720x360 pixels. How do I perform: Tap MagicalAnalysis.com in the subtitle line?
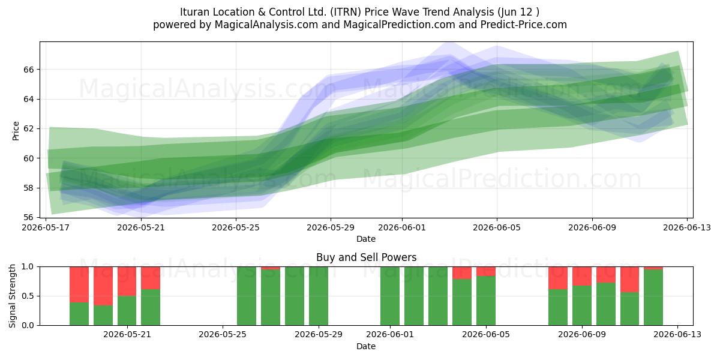tap(266, 25)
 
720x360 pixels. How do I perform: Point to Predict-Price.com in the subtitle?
tap(524, 25)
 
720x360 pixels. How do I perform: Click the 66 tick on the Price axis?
tap(29, 70)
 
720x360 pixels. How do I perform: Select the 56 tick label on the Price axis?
tap(29, 217)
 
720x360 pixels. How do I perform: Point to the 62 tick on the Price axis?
tap(29, 128)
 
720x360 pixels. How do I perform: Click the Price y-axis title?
tap(16, 131)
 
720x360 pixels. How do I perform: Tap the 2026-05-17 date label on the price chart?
tap(46, 227)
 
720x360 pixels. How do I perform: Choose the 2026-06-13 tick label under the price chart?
tap(687, 227)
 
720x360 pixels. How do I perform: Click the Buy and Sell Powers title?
tap(366, 257)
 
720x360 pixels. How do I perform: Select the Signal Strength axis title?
tap(12, 296)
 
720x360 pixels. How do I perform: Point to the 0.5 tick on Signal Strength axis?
tap(28, 296)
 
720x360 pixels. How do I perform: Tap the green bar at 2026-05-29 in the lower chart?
tap(319, 296)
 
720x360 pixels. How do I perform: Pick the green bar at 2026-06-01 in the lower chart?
tap(390, 296)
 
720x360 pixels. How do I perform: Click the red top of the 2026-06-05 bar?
tap(485, 271)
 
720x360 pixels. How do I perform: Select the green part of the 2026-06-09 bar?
tap(582, 305)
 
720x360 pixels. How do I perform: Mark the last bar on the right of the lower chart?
tap(653, 296)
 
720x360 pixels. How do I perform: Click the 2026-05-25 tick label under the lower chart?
tap(223, 334)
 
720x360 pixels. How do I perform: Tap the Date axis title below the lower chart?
tap(366, 346)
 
